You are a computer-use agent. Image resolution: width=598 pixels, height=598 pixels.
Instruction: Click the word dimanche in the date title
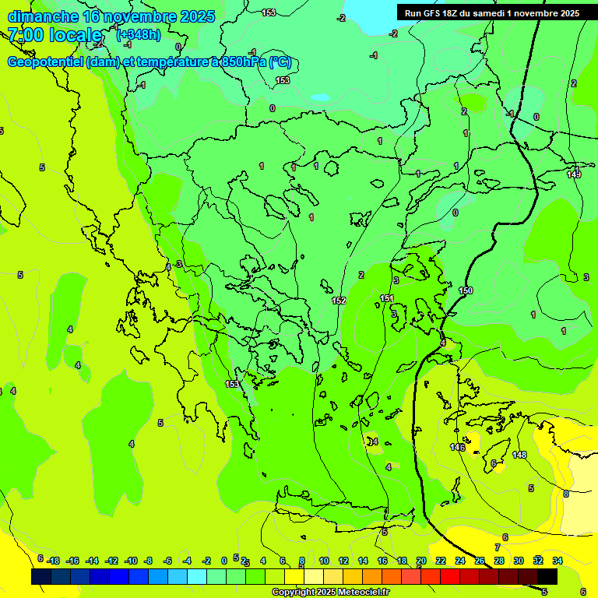[42, 16]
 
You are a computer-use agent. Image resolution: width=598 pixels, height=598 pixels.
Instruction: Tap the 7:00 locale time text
[55, 35]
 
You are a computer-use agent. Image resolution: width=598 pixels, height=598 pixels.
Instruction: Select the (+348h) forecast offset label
[138, 34]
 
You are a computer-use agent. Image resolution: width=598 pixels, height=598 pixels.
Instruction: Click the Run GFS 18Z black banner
[491, 12]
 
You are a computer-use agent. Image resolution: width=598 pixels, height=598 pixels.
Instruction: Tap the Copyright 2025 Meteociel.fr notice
[330, 592]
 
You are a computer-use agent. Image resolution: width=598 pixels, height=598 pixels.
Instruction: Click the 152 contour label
[339, 301]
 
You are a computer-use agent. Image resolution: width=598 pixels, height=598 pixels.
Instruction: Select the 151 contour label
[387, 298]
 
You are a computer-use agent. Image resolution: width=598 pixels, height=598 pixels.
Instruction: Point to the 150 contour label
[466, 290]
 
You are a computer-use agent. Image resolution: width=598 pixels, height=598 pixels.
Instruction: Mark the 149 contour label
[574, 174]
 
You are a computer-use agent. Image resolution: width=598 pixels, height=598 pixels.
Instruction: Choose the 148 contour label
[519, 455]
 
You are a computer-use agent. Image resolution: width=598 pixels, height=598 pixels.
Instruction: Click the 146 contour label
[457, 447]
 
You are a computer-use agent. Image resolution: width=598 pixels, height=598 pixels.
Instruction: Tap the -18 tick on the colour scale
[53, 561]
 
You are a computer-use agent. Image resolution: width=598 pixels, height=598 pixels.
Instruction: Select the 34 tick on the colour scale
[558, 561]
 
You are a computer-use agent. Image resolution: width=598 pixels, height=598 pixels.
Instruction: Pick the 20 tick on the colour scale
[421, 561]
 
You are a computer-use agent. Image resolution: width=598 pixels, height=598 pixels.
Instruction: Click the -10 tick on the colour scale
[131, 561]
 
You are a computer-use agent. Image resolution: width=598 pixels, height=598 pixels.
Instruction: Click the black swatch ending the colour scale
[547, 576]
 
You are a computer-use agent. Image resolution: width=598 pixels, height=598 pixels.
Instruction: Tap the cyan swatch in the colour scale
[197, 576]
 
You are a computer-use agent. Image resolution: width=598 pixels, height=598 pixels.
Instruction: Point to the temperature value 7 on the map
[498, 547]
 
